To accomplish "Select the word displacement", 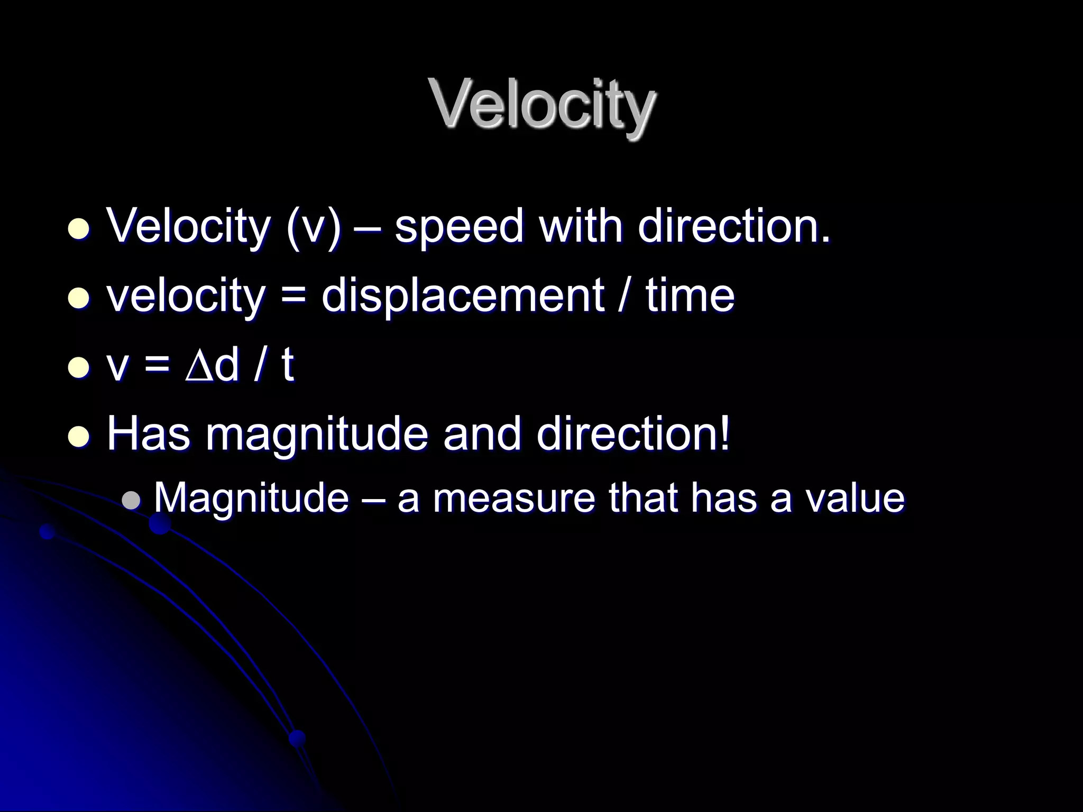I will pyautogui.click(x=462, y=296).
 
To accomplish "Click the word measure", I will pyautogui.click(x=513, y=499).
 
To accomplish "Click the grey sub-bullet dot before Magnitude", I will pyautogui.click(x=131, y=500).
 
